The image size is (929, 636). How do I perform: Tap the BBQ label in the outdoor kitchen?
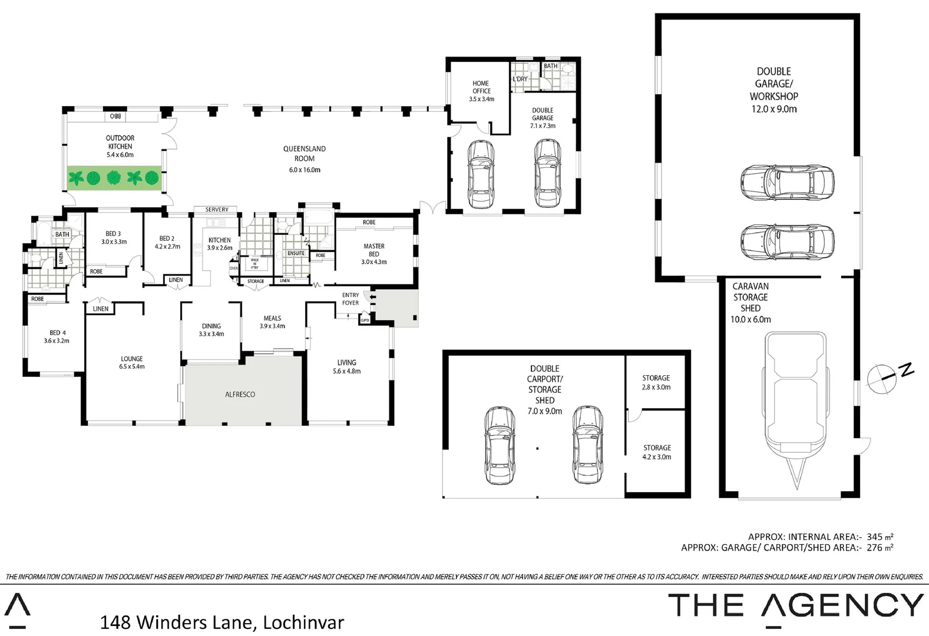point(115,117)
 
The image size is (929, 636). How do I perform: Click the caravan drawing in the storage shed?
point(795,406)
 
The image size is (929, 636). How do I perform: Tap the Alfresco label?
point(240,395)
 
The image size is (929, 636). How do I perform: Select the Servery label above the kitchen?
point(217,210)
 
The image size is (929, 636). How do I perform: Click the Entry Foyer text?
point(351,299)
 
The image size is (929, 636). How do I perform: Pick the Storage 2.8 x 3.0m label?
point(656,382)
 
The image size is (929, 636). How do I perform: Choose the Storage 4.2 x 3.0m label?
point(657,452)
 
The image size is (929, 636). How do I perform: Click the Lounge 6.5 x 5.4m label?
point(131,362)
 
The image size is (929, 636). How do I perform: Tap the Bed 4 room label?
point(57,336)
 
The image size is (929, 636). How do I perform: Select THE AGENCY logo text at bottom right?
point(795,605)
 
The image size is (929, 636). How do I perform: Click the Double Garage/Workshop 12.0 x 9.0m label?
point(773,90)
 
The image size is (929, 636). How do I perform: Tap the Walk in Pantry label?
point(254,263)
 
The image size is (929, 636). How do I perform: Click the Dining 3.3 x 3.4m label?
point(211,330)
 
